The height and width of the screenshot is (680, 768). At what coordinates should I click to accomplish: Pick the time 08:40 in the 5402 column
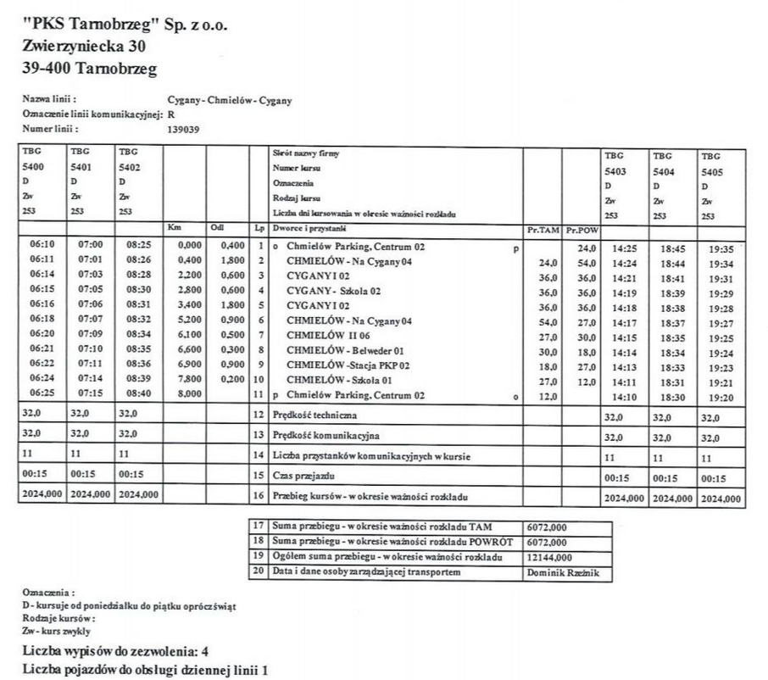(x=138, y=395)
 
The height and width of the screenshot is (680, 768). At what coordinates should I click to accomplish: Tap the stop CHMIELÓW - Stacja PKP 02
(x=348, y=365)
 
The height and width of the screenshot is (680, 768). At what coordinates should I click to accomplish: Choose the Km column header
(x=175, y=228)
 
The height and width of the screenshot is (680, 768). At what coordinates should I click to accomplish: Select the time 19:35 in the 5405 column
(x=721, y=249)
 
